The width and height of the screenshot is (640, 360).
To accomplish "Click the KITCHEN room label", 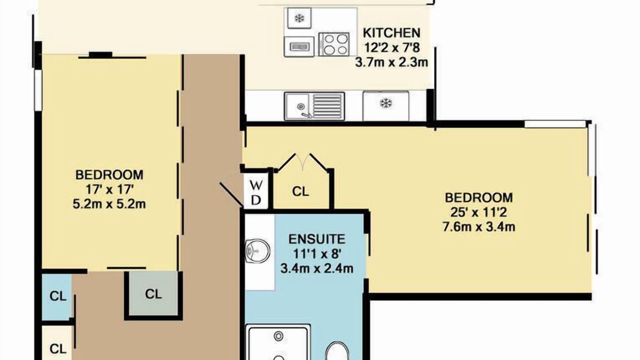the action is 391,33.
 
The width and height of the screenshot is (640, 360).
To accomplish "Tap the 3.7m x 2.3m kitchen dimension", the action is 391,62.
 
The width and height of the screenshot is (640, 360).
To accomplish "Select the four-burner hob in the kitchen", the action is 334,44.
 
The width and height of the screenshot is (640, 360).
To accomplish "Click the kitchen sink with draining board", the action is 314,106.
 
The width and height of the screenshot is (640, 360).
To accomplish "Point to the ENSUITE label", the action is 317,239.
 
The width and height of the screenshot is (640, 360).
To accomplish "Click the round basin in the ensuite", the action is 257,250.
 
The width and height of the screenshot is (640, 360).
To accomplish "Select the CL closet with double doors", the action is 301,191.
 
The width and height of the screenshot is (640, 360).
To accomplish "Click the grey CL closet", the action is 153,293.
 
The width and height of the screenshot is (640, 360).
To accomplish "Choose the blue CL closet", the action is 57,296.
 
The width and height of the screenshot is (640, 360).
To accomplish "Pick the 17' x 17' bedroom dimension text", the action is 109,189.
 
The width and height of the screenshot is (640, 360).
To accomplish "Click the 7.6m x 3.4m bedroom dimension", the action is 479,227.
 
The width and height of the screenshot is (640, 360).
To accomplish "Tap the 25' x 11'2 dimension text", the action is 479,212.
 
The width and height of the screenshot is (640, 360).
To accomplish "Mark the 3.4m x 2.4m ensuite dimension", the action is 317,268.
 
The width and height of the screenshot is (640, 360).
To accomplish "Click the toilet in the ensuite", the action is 337,351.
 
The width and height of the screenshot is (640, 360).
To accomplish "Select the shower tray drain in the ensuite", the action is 278,336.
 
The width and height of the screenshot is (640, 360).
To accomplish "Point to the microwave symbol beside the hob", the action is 299,46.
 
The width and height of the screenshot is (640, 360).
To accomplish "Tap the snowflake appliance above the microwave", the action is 299,18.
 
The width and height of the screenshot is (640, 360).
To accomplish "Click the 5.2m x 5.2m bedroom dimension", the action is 109,204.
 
